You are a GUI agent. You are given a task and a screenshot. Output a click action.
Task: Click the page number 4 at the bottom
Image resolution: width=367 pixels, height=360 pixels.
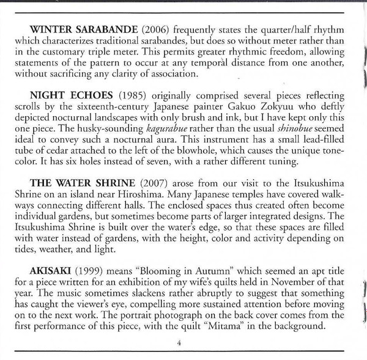[179, 343]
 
